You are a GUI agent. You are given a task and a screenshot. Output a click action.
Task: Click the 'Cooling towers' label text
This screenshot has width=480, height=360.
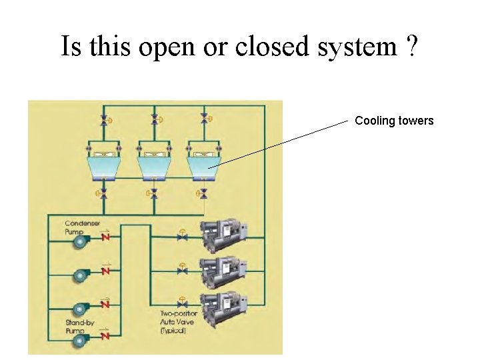pos(394,121)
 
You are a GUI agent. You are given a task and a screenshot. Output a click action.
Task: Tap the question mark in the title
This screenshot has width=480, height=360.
pos(411,47)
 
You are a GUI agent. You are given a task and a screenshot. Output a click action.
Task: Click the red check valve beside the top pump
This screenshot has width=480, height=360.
pos(106,236)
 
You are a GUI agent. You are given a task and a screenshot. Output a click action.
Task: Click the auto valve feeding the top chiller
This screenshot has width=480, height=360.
pos(182,235)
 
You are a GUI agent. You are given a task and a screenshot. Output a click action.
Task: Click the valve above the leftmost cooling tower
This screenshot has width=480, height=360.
pos(103,120)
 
